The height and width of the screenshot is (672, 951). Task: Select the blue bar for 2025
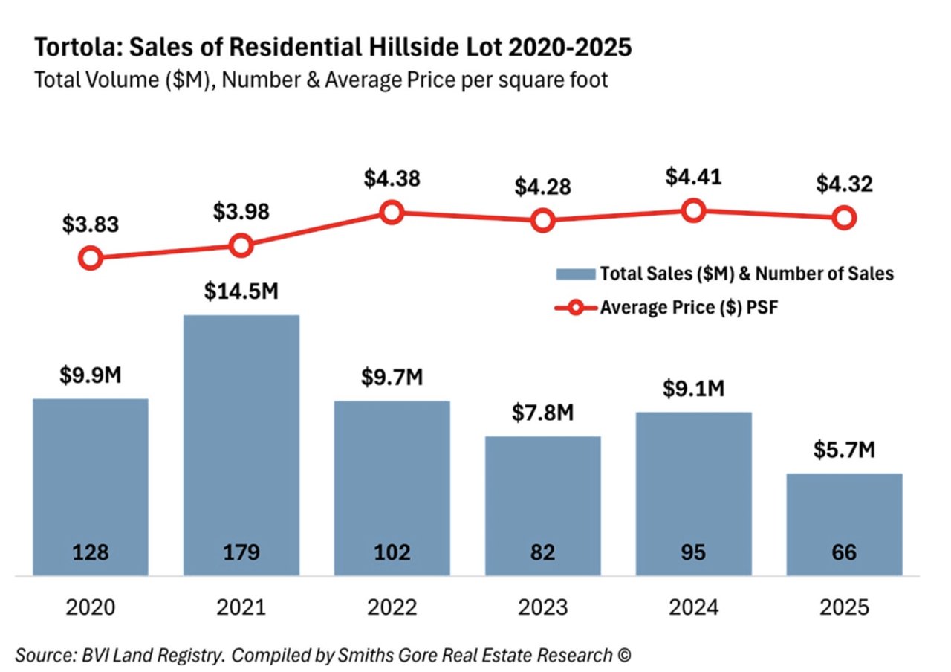click(x=844, y=524)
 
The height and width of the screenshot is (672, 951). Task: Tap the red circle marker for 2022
click(x=392, y=213)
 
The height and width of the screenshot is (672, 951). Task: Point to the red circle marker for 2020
click(x=90, y=259)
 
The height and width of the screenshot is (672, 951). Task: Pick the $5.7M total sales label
click(x=844, y=450)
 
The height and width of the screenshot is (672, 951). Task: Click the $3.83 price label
click(x=91, y=224)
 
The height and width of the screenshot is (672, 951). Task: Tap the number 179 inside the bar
click(x=241, y=553)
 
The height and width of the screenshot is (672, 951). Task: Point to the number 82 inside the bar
click(x=542, y=553)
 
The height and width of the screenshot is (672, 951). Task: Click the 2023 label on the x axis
click(x=542, y=607)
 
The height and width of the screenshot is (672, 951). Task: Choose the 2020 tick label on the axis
click(x=91, y=607)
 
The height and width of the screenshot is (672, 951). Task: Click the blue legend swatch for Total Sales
click(x=575, y=274)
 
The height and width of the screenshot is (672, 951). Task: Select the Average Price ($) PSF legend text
click(x=688, y=306)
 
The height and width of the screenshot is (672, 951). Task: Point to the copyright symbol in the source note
click(x=623, y=656)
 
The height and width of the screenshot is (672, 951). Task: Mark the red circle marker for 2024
click(x=693, y=211)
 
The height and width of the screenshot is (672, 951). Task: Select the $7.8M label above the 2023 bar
click(x=542, y=413)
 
